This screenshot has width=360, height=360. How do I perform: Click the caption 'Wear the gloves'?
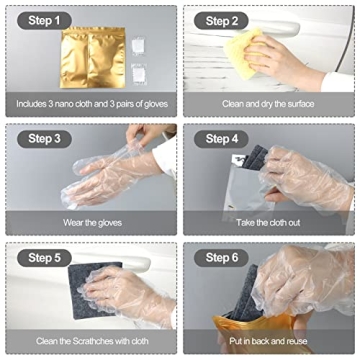point(90,222)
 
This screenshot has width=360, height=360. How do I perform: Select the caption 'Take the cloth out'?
point(268,222)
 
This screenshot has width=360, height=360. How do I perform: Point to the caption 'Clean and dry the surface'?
point(268,103)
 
